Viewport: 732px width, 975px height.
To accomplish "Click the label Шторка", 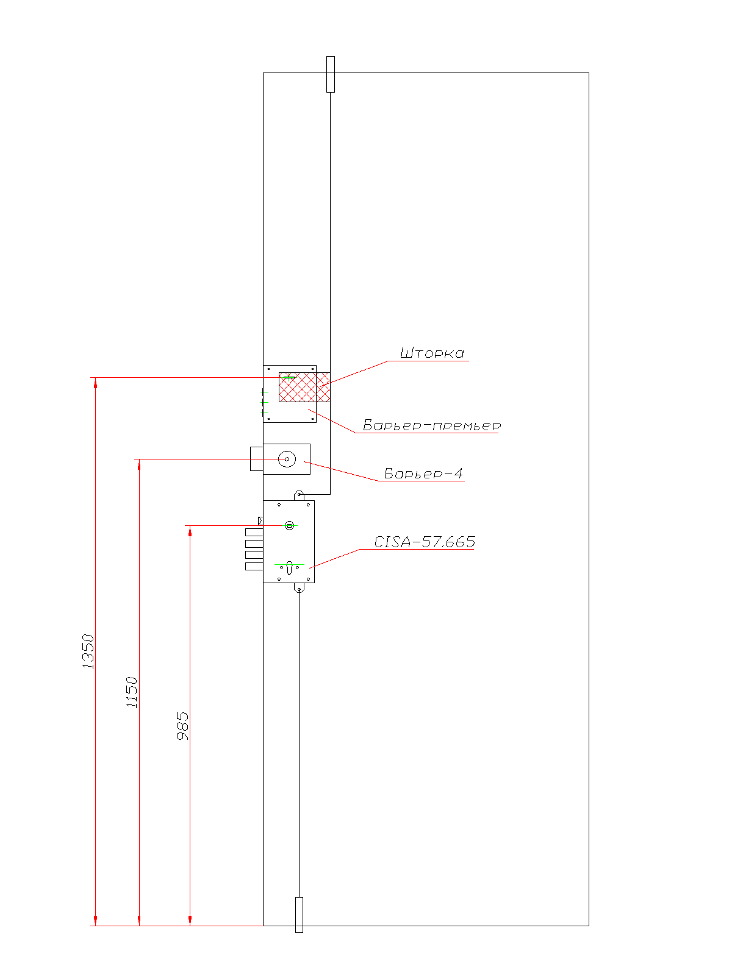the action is pyautogui.click(x=431, y=353).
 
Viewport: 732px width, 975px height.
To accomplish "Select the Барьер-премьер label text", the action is pyautogui.click(x=431, y=425).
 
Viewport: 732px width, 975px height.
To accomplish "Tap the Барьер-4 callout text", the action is pyautogui.click(x=423, y=473).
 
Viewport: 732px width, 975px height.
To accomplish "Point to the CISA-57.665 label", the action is pyautogui.click(x=425, y=542).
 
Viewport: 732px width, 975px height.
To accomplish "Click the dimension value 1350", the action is pyautogui.click(x=88, y=651).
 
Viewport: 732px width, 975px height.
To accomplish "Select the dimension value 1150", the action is pyautogui.click(x=132, y=692).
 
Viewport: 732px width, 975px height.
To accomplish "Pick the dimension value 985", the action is pyautogui.click(x=182, y=726).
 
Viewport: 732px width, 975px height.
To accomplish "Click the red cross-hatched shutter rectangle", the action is pyautogui.click(x=304, y=387).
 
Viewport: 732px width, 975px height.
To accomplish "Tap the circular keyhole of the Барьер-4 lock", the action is pyautogui.click(x=287, y=459).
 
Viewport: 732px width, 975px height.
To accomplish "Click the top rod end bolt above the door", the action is pyautogui.click(x=330, y=74).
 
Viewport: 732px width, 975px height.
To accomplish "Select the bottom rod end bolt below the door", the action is pyautogui.click(x=299, y=915).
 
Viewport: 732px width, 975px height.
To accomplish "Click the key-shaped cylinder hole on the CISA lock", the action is pyautogui.click(x=289, y=567).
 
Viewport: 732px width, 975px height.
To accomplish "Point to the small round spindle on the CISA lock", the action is pyautogui.click(x=289, y=525).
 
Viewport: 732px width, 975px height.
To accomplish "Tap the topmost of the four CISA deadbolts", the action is pyautogui.click(x=254, y=532).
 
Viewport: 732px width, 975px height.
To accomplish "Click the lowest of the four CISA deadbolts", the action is pyautogui.click(x=254, y=566).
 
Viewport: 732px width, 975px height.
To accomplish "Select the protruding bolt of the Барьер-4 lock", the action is pyautogui.click(x=257, y=458).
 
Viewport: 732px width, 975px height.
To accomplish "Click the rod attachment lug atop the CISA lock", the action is pyautogui.click(x=299, y=495).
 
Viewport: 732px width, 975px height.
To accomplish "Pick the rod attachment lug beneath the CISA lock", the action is pyautogui.click(x=299, y=587).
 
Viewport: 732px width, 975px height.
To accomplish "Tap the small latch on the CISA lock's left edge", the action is pyautogui.click(x=260, y=520).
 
